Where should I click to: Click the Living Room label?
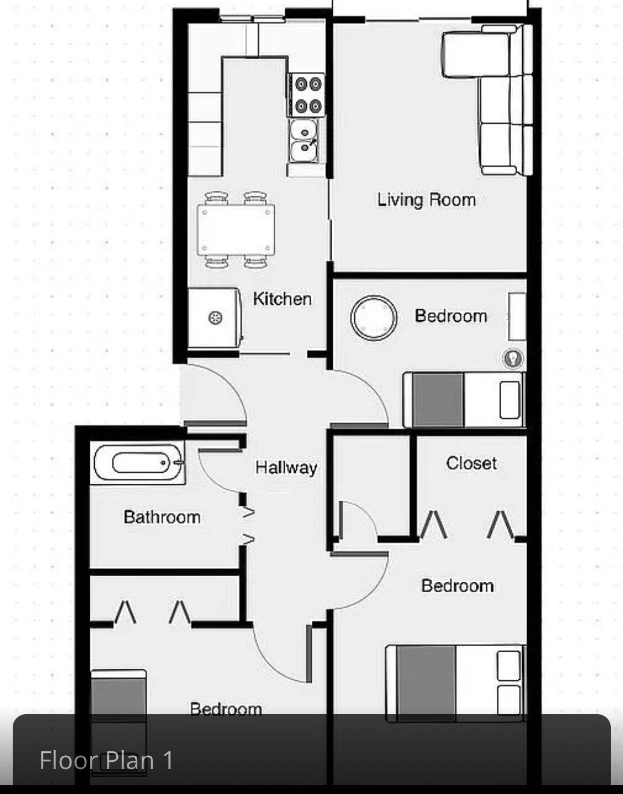click(426, 200)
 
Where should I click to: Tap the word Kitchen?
click(282, 299)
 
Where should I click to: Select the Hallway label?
click(286, 468)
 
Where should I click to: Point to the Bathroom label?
click(162, 517)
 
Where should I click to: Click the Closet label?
click(471, 463)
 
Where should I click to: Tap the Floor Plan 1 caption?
click(106, 760)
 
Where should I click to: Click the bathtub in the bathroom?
click(138, 463)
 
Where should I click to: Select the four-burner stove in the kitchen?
click(306, 95)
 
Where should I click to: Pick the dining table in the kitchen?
click(236, 230)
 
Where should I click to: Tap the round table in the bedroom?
click(374, 318)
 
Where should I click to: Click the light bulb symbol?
click(513, 358)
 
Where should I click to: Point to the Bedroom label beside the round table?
click(451, 316)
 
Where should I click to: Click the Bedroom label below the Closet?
click(457, 586)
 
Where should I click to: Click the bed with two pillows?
click(456, 683)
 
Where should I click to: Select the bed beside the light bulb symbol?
click(464, 399)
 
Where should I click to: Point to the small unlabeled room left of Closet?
click(371, 486)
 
